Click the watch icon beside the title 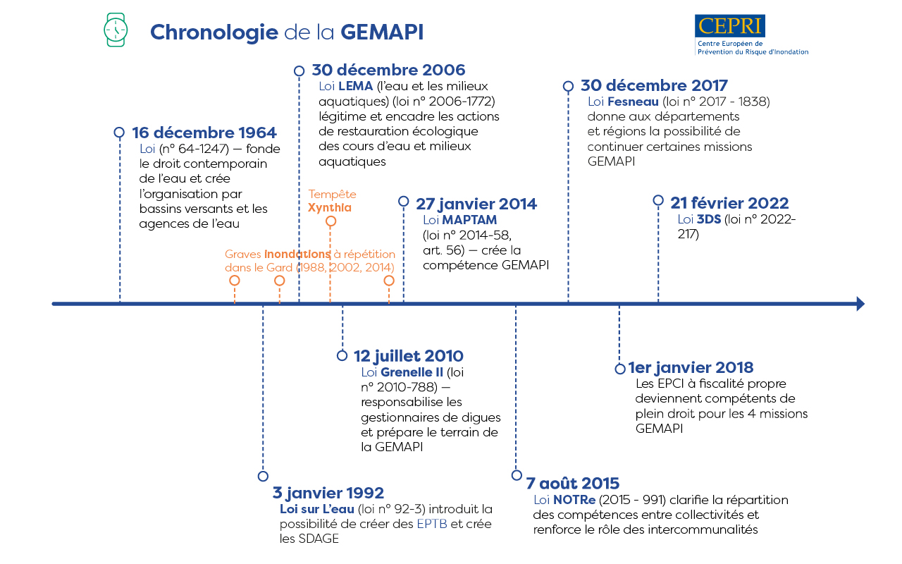point(116,31)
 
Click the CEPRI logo point(730,26)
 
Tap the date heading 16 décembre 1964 point(204,133)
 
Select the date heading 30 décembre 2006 point(388,70)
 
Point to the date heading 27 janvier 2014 point(476,204)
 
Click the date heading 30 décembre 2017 point(654,86)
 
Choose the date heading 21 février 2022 point(729,203)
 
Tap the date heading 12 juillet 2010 point(409,355)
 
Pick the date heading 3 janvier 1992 point(328,493)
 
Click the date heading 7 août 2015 point(573,484)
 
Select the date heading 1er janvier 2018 point(691,367)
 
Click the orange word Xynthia point(329,208)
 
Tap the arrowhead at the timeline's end point(860,304)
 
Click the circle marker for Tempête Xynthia point(330,221)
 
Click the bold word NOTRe point(574,500)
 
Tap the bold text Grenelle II point(412,372)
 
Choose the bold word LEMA point(355,86)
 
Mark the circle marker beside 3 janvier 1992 point(263,476)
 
